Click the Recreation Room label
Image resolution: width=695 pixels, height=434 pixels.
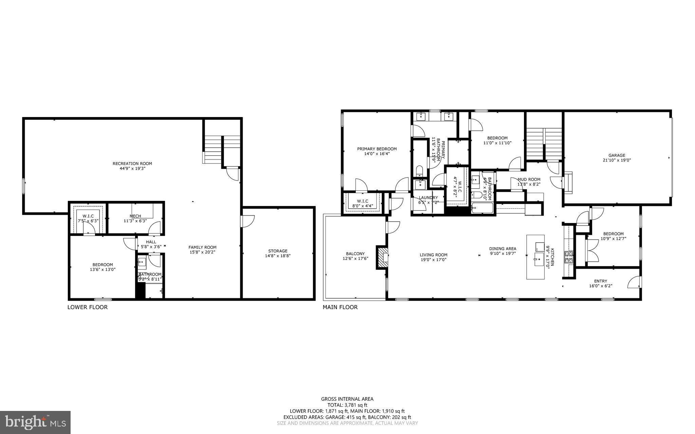tap(132, 164)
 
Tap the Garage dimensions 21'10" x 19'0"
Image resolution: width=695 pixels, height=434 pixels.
tap(617, 161)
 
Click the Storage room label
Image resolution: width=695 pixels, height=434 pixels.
tap(278, 251)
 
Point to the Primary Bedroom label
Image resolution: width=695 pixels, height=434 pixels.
tap(377, 149)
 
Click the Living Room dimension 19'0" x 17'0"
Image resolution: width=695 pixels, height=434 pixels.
tap(433, 260)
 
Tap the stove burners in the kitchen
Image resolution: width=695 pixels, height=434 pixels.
tap(568, 257)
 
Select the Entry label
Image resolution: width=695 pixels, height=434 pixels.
tap(600, 281)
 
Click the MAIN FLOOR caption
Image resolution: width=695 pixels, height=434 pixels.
tap(340, 307)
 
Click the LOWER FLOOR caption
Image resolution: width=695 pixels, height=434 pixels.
tap(88, 307)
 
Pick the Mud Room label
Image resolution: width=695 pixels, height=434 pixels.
tap(529, 180)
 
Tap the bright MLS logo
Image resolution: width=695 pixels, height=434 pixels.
tap(35, 422)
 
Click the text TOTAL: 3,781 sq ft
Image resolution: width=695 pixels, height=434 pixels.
tap(347, 405)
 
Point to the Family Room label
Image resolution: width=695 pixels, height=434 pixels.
tap(203, 247)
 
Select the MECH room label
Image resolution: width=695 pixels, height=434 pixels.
tap(135, 216)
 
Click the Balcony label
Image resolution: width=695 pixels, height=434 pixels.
tap(355, 254)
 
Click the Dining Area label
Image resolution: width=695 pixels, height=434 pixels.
tap(503, 249)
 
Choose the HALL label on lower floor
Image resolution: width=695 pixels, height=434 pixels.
tap(151, 242)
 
